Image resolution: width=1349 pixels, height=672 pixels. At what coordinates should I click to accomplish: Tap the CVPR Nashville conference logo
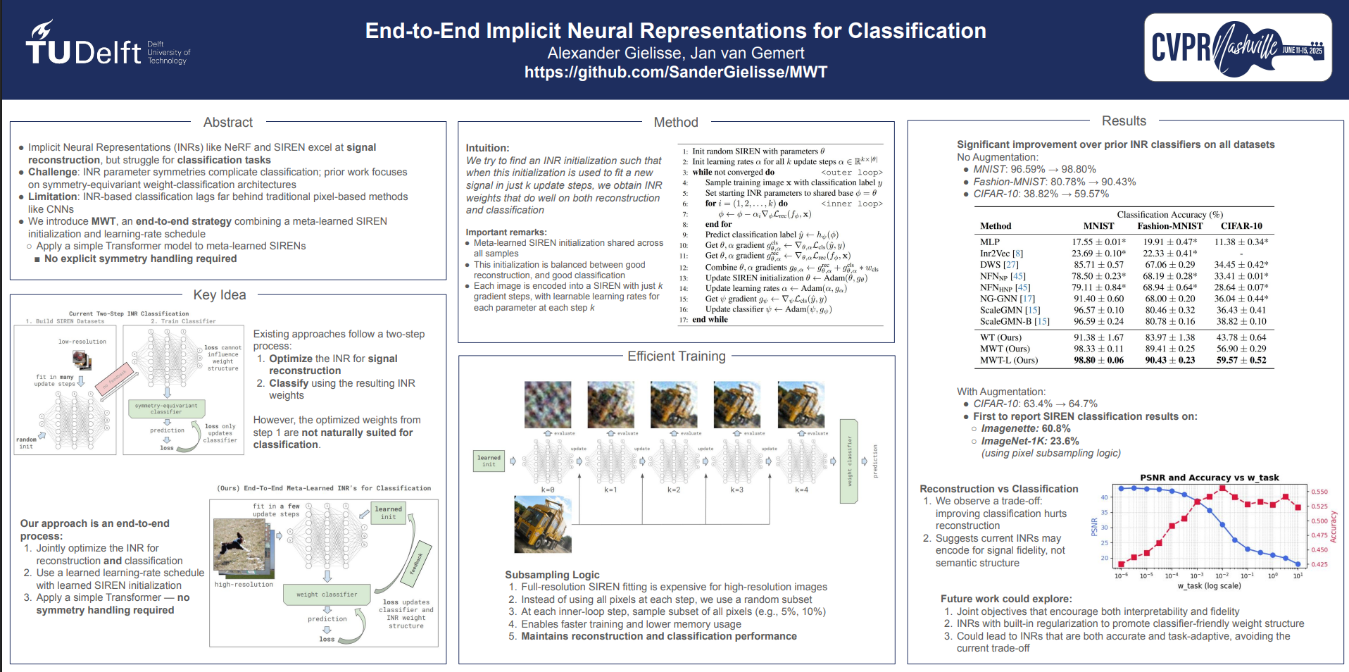pos(1238,47)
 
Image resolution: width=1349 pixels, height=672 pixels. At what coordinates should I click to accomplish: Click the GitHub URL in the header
pos(675,72)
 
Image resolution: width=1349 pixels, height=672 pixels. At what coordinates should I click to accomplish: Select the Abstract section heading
pos(227,123)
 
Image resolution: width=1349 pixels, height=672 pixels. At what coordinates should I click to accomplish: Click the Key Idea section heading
pos(220,295)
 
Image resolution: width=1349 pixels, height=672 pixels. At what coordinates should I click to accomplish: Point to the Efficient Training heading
pos(676,356)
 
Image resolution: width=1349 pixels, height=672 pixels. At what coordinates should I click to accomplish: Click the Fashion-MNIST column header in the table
pos(1169,226)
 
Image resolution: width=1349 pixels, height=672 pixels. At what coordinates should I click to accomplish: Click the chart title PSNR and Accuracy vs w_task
pos(1209,478)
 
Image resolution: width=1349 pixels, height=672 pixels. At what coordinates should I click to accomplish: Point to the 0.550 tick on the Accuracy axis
pos(1319,492)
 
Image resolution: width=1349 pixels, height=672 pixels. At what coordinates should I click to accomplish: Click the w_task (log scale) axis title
pos(1209,586)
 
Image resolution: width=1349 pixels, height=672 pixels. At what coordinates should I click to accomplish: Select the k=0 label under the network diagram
pos(548,490)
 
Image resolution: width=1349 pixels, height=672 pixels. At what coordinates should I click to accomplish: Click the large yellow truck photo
pos(543,523)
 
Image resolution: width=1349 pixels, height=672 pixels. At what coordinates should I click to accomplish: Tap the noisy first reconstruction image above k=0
pos(548,404)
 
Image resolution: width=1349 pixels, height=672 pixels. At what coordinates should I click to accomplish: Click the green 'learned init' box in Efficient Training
pos(489,461)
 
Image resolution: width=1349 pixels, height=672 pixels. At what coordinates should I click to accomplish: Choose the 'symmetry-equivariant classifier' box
pos(166,409)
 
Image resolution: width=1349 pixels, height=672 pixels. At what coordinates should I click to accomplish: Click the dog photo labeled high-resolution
pos(240,547)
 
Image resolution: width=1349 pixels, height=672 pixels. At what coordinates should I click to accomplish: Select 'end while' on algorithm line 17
pos(710,320)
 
